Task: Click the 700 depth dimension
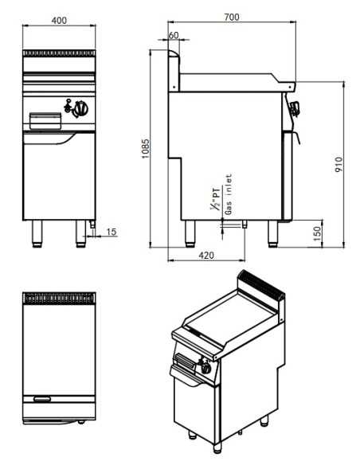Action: click(231, 16)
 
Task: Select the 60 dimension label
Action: click(174, 36)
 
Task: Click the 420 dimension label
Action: click(205, 256)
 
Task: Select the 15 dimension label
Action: click(111, 232)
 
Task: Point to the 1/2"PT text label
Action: click(216, 196)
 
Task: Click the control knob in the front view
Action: click(80, 105)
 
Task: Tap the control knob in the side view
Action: click(296, 110)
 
